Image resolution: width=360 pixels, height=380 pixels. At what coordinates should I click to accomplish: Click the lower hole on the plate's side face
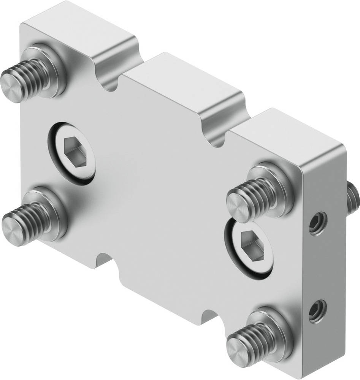(317, 311)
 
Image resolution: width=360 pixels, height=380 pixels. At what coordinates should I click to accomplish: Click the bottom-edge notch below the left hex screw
(104, 260)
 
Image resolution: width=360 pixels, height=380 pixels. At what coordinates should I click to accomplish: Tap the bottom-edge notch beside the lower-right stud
(209, 315)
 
